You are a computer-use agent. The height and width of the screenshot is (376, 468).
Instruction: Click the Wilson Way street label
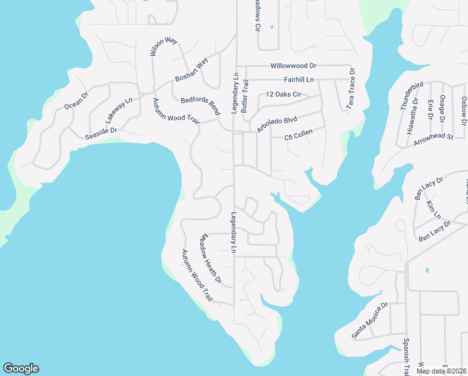[163, 46]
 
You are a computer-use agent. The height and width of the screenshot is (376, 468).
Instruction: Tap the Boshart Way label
[191, 70]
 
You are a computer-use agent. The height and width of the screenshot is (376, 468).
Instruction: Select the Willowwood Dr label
[294, 66]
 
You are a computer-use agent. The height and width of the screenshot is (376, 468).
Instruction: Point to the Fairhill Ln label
[298, 80]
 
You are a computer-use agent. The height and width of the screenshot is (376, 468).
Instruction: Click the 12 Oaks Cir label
[284, 94]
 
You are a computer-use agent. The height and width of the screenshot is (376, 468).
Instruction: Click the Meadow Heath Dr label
[211, 258]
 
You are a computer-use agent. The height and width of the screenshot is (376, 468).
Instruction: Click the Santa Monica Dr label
[369, 321]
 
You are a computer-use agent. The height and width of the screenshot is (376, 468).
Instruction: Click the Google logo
[21, 368]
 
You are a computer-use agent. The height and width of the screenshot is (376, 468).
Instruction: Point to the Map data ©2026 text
[441, 371]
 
